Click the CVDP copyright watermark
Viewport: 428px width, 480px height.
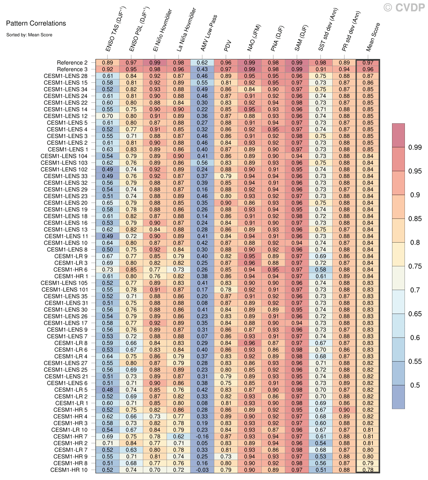[x=404, y=8]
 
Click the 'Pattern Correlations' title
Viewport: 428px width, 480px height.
[x=36, y=23]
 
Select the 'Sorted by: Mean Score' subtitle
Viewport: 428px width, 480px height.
[x=29, y=35]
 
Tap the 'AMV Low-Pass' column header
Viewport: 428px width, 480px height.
[x=209, y=33]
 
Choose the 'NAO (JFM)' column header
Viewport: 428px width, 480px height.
[x=254, y=38]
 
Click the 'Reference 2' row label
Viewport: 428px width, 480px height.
[x=72, y=63]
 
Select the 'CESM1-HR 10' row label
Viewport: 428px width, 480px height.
[x=69, y=470]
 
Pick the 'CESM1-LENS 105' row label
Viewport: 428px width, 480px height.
[x=64, y=283]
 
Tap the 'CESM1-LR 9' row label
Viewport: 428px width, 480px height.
[x=71, y=256]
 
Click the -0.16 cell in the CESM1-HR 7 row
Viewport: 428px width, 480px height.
[x=202, y=436]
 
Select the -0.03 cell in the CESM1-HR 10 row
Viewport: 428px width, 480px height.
[x=202, y=470]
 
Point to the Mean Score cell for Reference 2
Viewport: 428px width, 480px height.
[x=368, y=63]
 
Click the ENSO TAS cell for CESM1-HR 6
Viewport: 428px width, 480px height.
[x=108, y=270]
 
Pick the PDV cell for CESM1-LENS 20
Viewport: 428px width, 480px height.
[x=226, y=203]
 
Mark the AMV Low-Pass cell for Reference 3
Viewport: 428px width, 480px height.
[x=202, y=69]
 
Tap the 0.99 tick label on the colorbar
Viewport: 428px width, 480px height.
[x=415, y=147]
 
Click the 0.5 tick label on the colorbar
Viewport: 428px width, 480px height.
[x=415, y=385]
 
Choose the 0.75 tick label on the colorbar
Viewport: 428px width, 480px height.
[x=415, y=266]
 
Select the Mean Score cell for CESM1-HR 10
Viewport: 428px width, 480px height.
[x=368, y=470]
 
